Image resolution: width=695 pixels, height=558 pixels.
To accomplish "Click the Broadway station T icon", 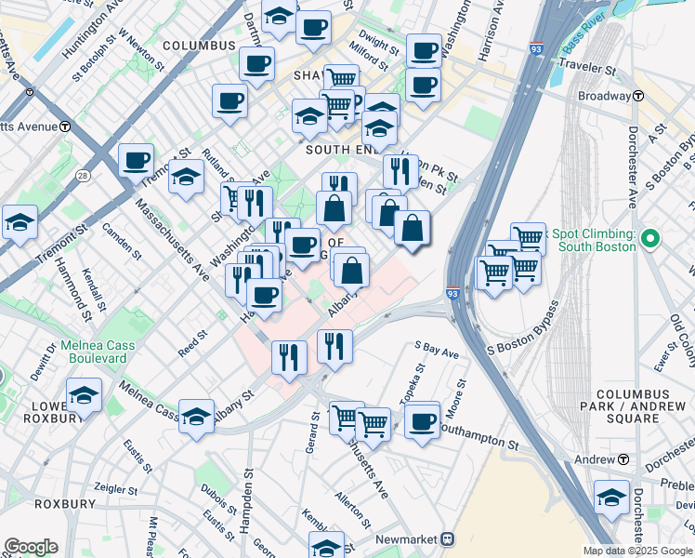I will pyautogui.click(x=639, y=96).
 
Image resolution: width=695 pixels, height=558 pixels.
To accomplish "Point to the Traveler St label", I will pyautogui.click(x=585, y=69).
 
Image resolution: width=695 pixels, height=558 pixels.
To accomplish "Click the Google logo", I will pyautogui.click(x=31, y=547).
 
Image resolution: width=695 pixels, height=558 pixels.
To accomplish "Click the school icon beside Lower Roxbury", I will pyautogui.click(x=84, y=395).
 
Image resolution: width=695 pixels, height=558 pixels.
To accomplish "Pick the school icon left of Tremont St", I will pyautogui.click(x=20, y=223).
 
